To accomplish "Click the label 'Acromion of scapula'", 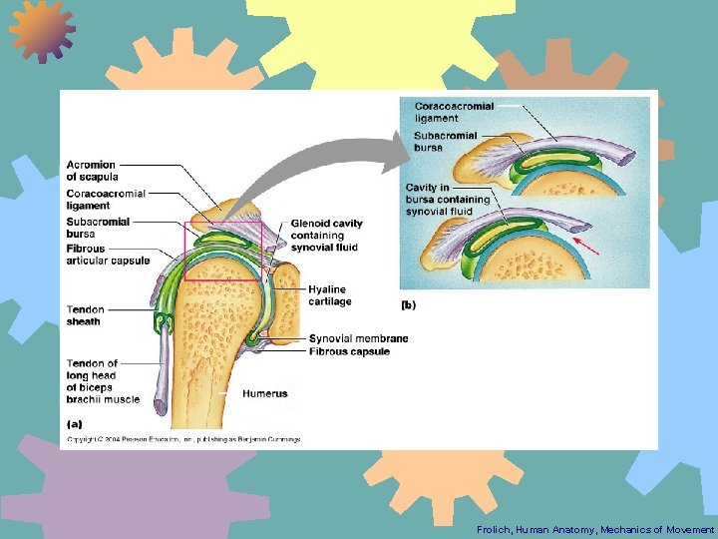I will pyautogui.click(x=91, y=171).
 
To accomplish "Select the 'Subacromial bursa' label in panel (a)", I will pyautogui.click(x=98, y=228).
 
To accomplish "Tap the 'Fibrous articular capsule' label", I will pyautogui.click(x=108, y=255).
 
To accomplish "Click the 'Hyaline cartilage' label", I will pyautogui.click(x=330, y=295).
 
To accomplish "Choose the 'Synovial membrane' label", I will pyautogui.click(x=358, y=339).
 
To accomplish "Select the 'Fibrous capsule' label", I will pyautogui.click(x=349, y=351).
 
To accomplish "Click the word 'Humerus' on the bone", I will pyautogui.click(x=264, y=393).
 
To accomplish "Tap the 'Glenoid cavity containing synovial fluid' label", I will pyautogui.click(x=326, y=236).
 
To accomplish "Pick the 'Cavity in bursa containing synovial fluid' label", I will pyautogui.click(x=448, y=200).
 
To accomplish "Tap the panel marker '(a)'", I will pyautogui.click(x=75, y=423).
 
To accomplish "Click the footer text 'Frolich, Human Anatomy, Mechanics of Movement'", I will pyautogui.click(x=595, y=529).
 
